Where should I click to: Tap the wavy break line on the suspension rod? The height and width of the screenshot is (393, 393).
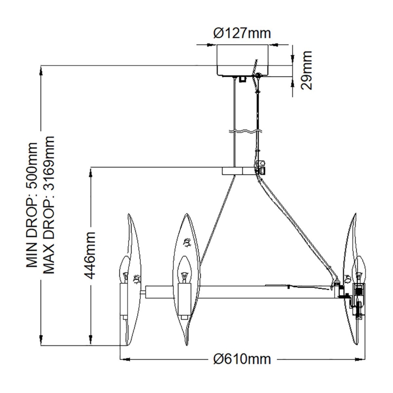coord(245,131)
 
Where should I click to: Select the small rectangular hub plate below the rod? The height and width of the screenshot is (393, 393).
coord(238,171)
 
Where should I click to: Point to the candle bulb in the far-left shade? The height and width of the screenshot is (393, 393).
coord(125,269)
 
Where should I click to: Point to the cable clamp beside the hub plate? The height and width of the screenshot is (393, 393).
coord(260,167)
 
